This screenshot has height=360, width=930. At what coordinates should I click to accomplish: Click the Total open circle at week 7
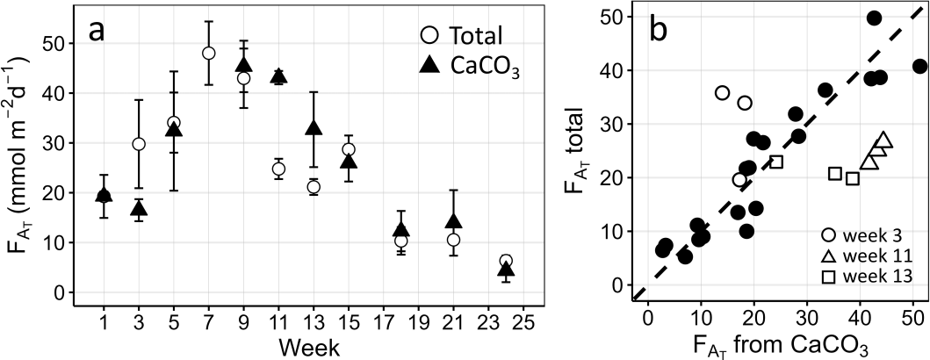(208, 54)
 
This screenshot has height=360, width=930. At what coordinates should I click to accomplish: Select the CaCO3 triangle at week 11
(278, 76)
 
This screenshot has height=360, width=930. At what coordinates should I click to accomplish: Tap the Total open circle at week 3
(139, 144)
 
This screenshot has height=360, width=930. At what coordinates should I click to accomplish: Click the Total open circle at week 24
(506, 261)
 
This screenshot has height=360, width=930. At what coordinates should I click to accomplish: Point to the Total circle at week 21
(454, 240)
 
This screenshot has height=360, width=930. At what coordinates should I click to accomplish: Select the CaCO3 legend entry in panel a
(464, 67)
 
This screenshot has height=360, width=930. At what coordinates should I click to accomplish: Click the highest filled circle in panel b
(874, 18)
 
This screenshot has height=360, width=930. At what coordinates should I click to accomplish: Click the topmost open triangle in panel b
(883, 139)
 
